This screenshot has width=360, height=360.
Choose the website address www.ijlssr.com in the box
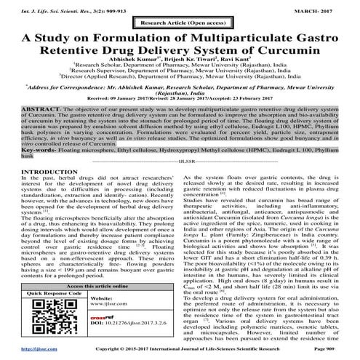[105, 308]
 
